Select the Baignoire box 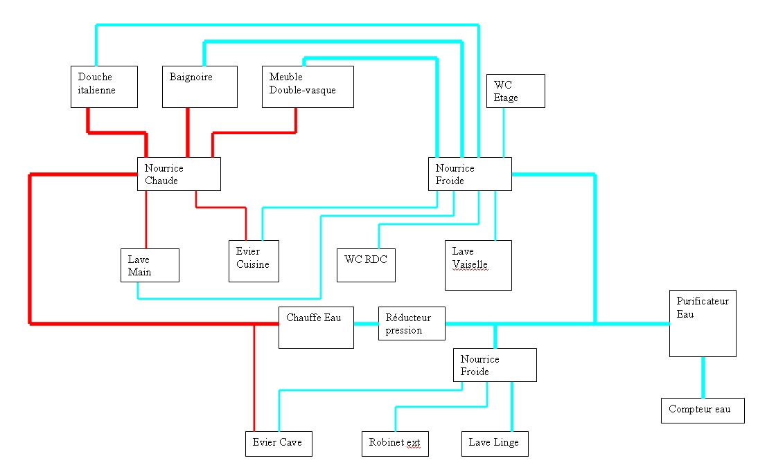coord(200,86)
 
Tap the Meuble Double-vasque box coord(308,86)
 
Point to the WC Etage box coord(515,91)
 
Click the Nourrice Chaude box coord(179,174)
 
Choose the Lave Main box coord(149,265)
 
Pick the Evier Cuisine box coord(254,261)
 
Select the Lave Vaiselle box coord(478,265)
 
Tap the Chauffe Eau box coord(316,327)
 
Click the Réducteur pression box coord(412,324)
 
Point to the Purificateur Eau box coord(703,323)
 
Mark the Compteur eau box coord(703,410)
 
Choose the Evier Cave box coord(279,444)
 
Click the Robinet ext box coord(395,444)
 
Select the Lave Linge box coord(495,444)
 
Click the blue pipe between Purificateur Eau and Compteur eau coord(703,377)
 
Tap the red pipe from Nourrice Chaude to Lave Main coord(146,219)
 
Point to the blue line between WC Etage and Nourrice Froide coord(503,132)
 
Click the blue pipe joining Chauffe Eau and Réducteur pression coord(366,324)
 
